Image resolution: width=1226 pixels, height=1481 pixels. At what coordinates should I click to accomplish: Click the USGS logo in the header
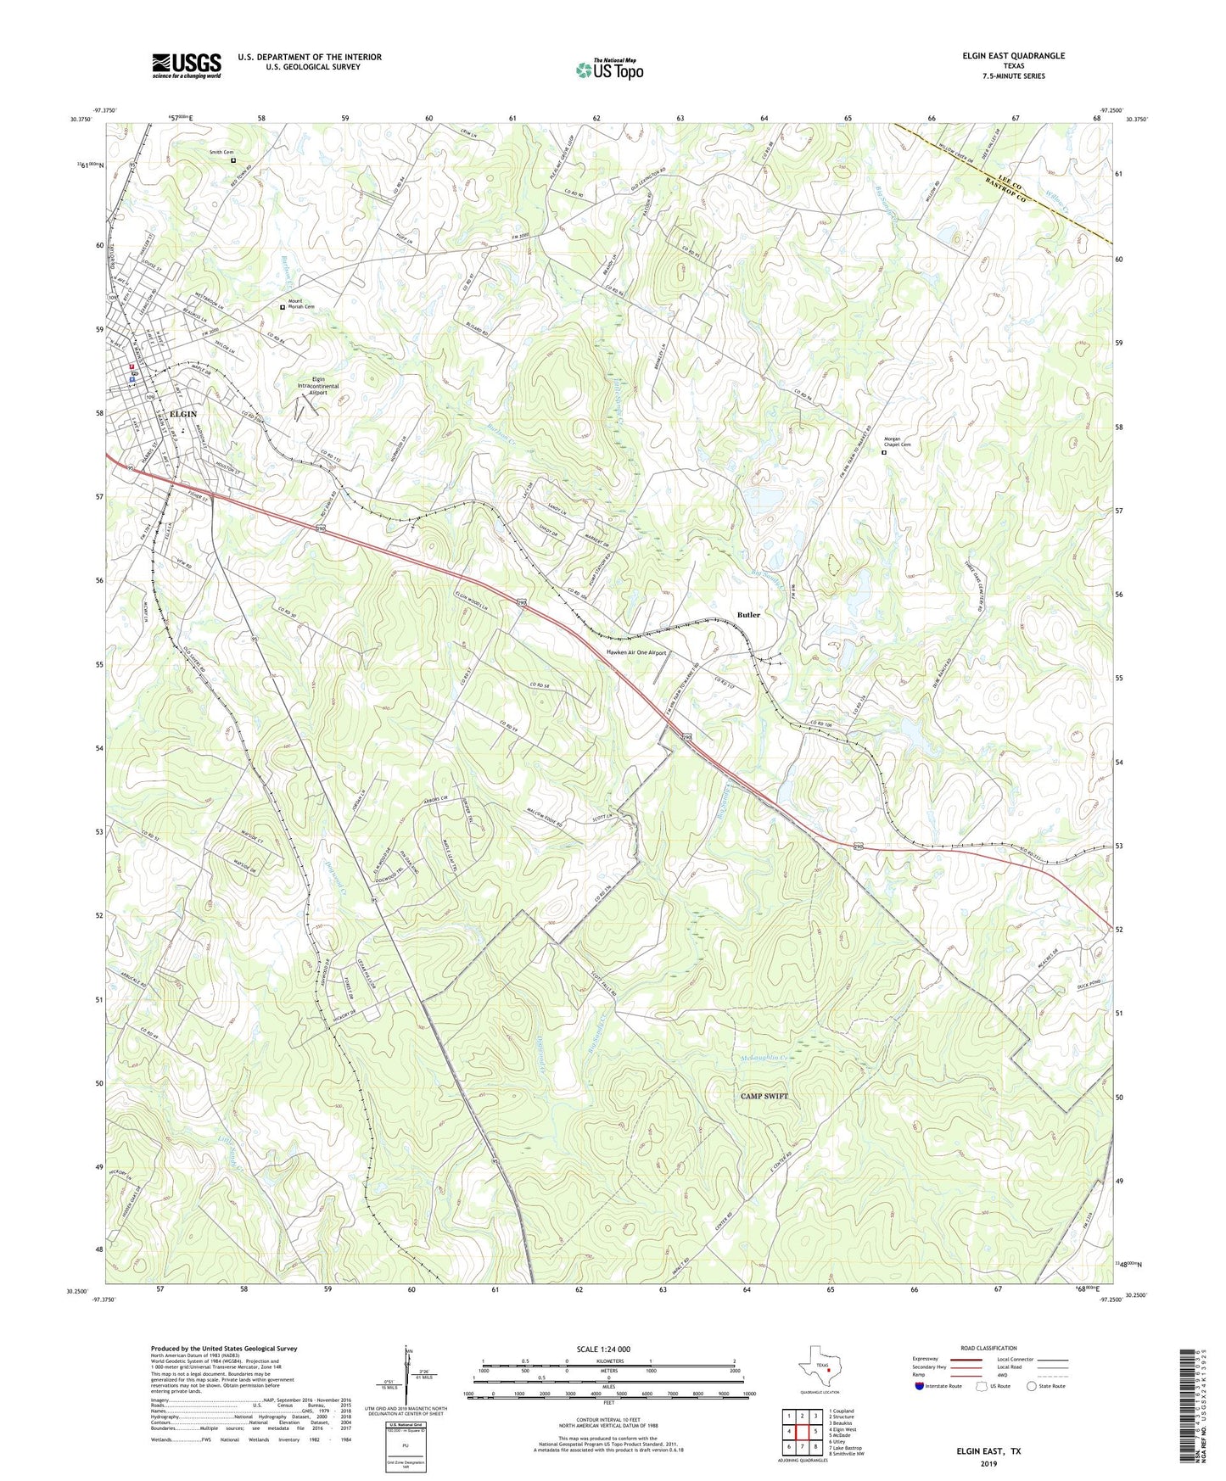click(x=187, y=64)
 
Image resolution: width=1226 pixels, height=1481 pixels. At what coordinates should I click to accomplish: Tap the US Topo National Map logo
click(x=609, y=69)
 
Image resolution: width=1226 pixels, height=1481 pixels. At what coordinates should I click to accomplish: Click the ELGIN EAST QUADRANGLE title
click(x=1013, y=56)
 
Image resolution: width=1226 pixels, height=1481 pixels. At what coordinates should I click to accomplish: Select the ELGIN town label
click(x=183, y=414)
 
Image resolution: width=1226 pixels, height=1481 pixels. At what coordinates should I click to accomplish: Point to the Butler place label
click(x=748, y=614)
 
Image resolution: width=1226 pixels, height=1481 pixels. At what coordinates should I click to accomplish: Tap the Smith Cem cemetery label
click(x=221, y=153)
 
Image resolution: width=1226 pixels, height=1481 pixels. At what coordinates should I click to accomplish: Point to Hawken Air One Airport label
click(x=636, y=653)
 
